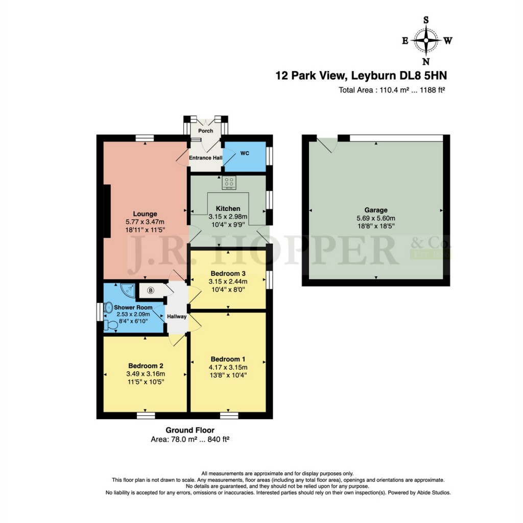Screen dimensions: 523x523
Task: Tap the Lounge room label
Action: (146, 213)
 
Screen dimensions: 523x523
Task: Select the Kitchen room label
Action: (228, 208)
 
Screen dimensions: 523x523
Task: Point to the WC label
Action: (245, 153)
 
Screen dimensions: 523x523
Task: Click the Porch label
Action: (205, 131)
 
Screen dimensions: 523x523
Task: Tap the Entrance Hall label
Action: (206, 158)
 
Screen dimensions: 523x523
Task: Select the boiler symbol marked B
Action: (151, 291)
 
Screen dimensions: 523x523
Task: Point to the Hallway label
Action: (176, 317)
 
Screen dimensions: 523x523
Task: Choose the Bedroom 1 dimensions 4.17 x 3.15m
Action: (228, 367)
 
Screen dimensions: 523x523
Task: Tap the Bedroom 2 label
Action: (146, 366)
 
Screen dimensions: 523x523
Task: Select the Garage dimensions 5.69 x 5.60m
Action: (376, 218)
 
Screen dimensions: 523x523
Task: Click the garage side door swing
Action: (327, 145)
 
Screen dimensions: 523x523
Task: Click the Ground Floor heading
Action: (190, 430)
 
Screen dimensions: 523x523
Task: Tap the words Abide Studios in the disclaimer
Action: (433, 493)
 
